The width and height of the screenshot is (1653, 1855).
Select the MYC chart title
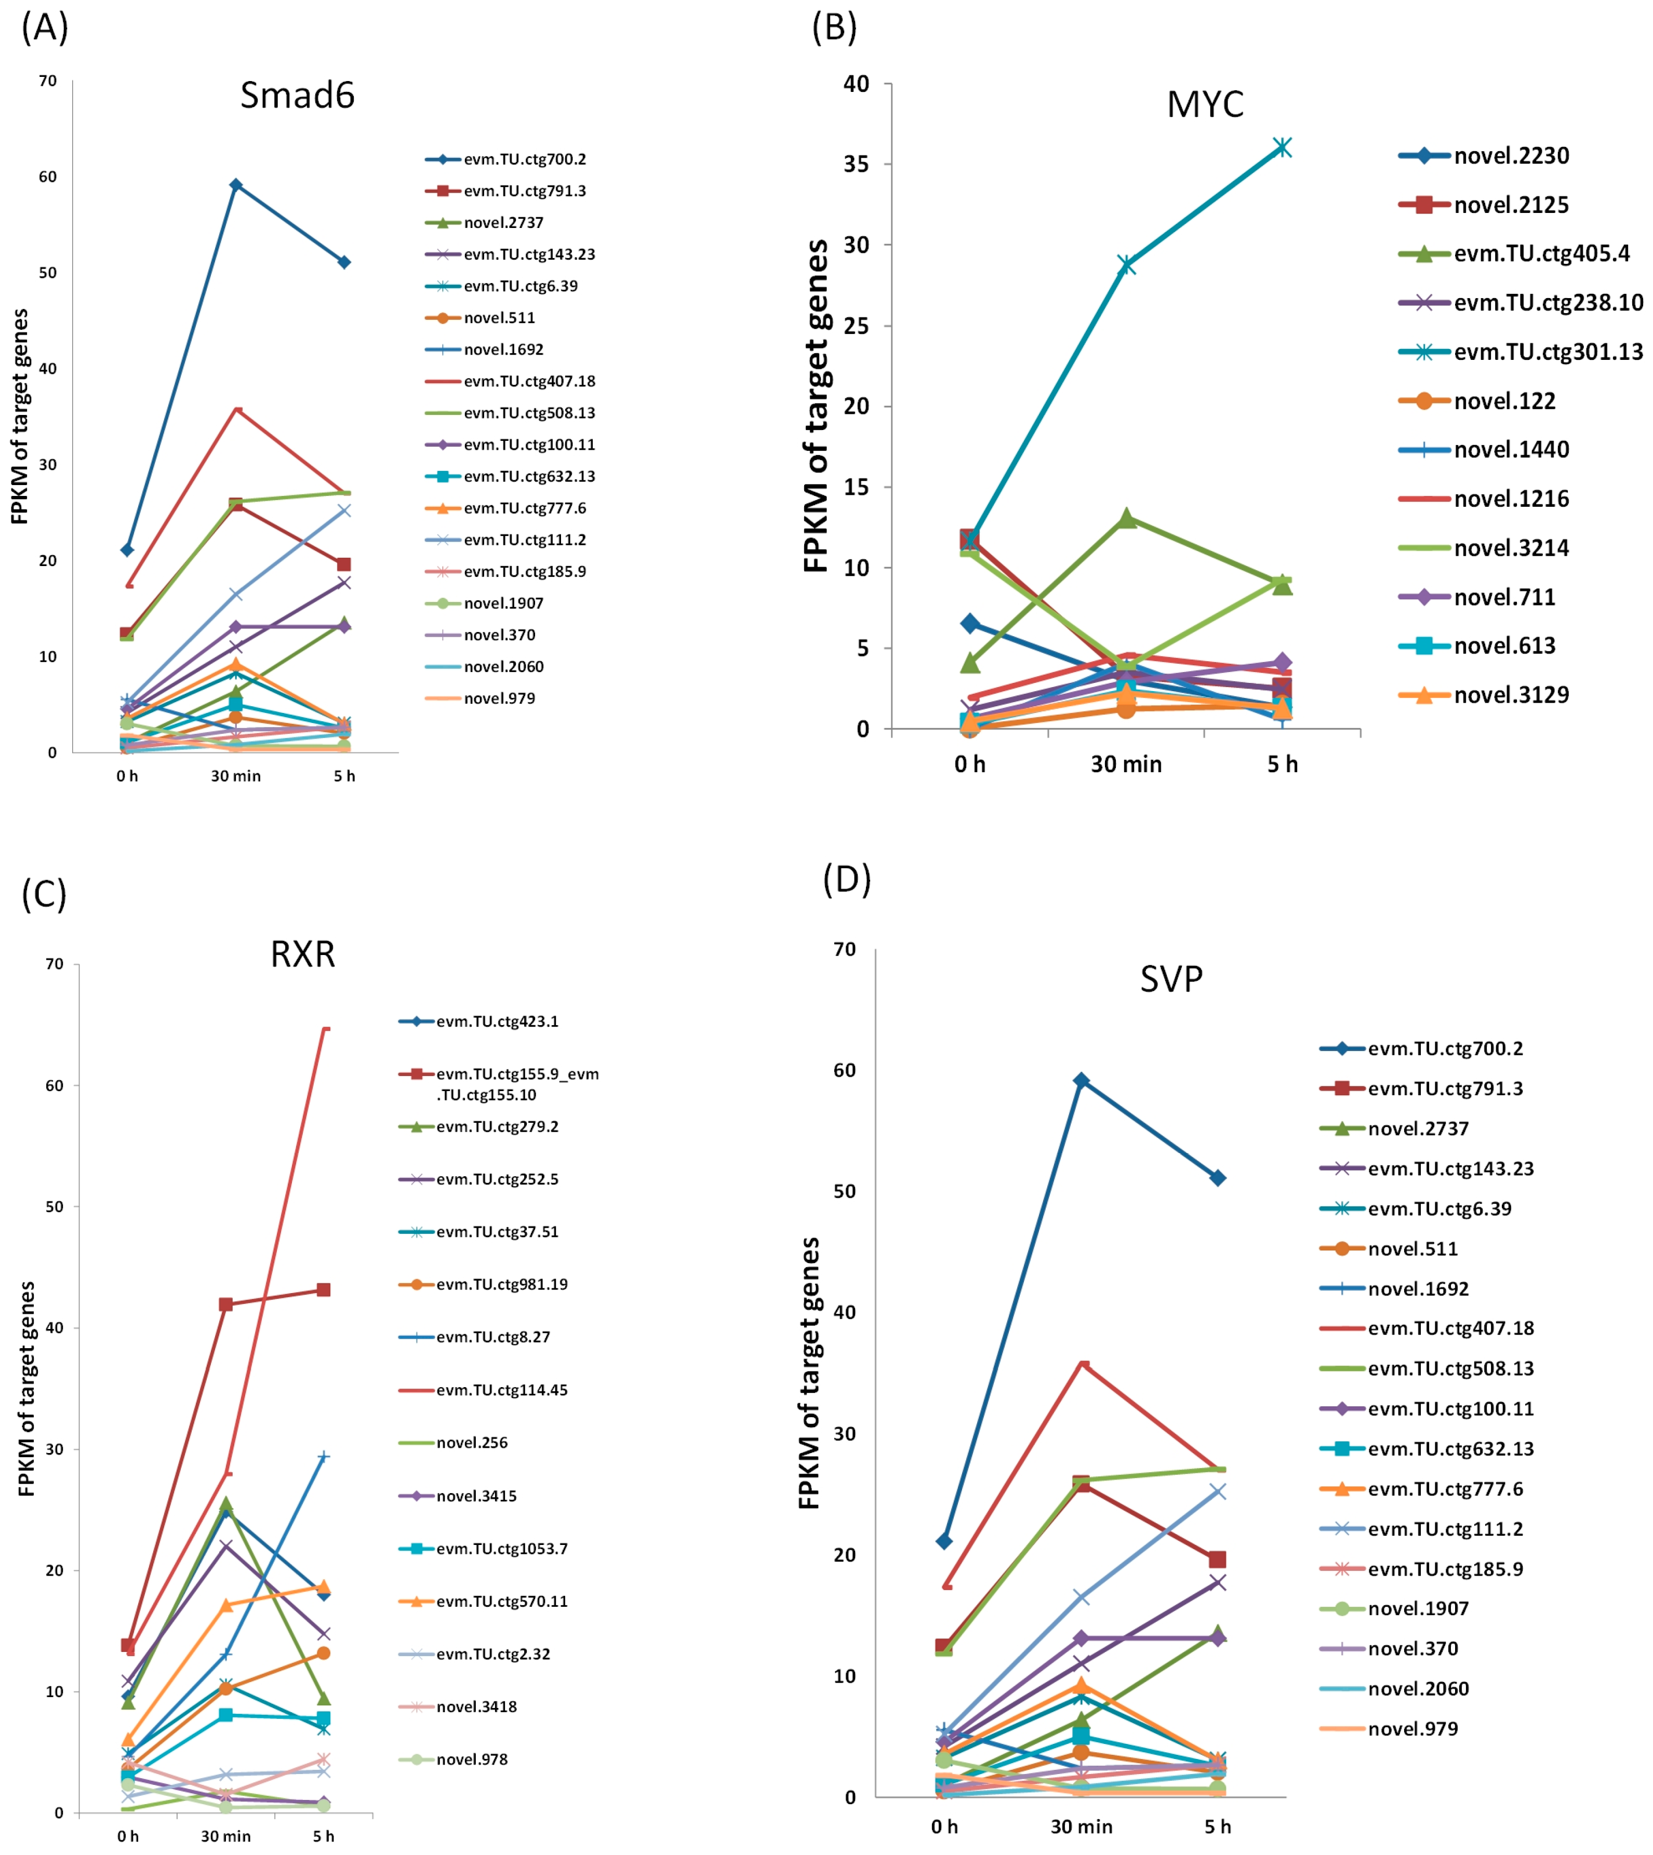click(x=1204, y=104)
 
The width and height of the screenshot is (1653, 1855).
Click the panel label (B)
click(x=834, y=28)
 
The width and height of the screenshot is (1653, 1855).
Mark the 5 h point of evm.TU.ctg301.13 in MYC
click(x=1282, y=147)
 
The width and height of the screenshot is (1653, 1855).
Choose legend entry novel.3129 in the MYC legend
click(x=1511, y=695)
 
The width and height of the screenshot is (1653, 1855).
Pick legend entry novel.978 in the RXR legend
click(x=471, y=1759)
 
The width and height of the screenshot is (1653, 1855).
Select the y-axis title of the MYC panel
click(x=816, y=406)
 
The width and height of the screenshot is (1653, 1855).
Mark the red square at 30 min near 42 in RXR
click(x=225, y=1305)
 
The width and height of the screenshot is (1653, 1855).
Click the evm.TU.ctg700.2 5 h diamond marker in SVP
click(x=1217, y=1178)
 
